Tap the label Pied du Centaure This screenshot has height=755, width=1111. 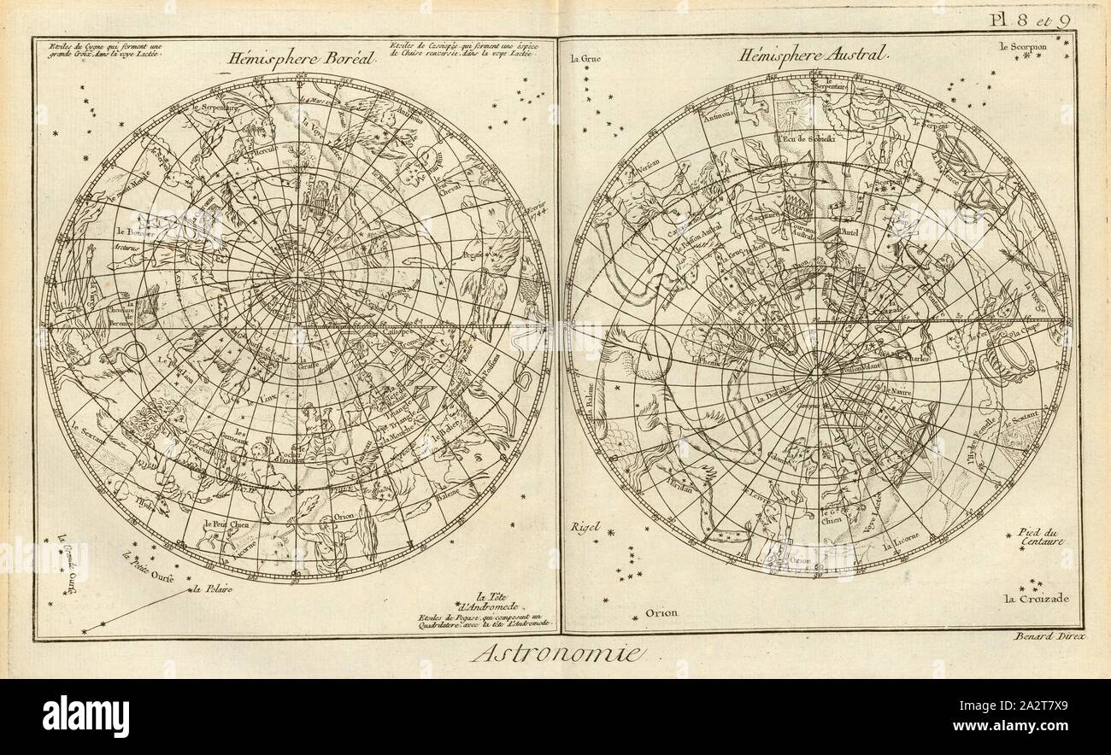tap(1040, 536)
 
